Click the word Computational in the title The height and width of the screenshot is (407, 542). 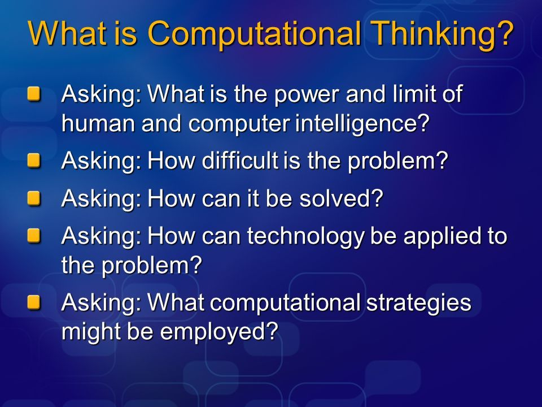(x=254, y=34)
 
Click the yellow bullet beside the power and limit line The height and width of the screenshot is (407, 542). (x=34, y=94)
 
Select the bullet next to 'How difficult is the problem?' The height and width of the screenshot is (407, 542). (x=34, y=161)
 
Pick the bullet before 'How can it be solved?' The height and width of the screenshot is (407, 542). (x=34, y=198)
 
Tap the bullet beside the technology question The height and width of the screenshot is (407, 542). (x=34, y=236)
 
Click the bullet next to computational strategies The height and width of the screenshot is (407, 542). (x=34, y=302)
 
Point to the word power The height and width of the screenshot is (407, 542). (x=307, y=95)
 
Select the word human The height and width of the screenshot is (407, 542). (x=98, y=124)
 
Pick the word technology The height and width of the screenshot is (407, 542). (x=305, y=237)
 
